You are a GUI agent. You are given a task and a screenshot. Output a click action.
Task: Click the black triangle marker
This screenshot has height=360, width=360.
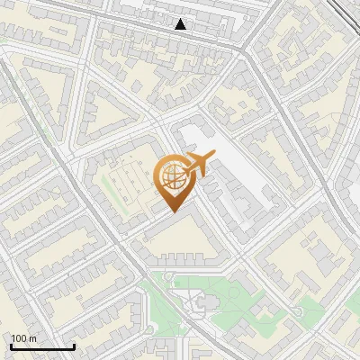click(x=181, y=24)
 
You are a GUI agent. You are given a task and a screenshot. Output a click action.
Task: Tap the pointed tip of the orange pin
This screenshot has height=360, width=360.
click(x=173, y=211)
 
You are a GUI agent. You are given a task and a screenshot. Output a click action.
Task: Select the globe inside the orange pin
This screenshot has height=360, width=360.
click(x=173, y=177)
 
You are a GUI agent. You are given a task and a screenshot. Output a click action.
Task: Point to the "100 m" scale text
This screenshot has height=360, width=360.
click(x=24, y=338)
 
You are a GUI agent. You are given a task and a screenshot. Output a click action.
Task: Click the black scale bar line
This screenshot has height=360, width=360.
click(x=42, y=346)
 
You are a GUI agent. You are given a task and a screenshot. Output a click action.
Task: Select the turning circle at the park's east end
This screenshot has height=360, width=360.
click(x=296, y=311)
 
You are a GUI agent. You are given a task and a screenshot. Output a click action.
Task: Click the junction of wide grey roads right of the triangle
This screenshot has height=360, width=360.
click(x=245, y=51)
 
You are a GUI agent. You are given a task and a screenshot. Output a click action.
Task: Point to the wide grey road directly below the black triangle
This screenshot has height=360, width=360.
click(x=180, y=38)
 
